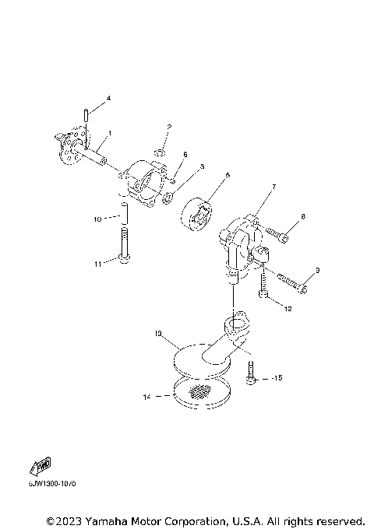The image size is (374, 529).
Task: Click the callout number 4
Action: click(108, 98)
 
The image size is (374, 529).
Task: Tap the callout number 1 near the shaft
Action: click(110, 133)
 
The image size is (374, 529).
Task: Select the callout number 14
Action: click(146, 397)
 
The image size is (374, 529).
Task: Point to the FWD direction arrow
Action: click(41, 467)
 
